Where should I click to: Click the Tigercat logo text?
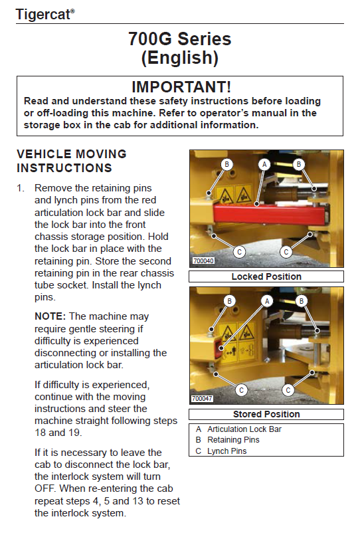point(45,15)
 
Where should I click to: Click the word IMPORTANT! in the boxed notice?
point(181,86)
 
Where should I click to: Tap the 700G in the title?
point(150,39)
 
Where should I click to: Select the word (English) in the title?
point(180,58)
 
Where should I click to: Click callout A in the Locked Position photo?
point(264,164)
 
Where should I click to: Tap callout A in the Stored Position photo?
point(267,301)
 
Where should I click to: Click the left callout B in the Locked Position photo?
point(226,164)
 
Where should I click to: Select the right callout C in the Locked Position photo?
point(286,253)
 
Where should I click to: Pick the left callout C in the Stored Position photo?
point(241,390)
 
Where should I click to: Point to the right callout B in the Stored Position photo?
point(301,301)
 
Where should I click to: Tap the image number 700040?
point(203,261)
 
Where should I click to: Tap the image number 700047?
point(202,399)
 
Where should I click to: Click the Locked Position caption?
point(266,276)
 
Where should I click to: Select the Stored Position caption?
point(266,415)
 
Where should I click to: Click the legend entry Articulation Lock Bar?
point(244,429)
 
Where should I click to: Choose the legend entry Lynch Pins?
point(227,451)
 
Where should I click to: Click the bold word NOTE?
point(50,316)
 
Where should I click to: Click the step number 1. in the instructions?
point(21,188)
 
